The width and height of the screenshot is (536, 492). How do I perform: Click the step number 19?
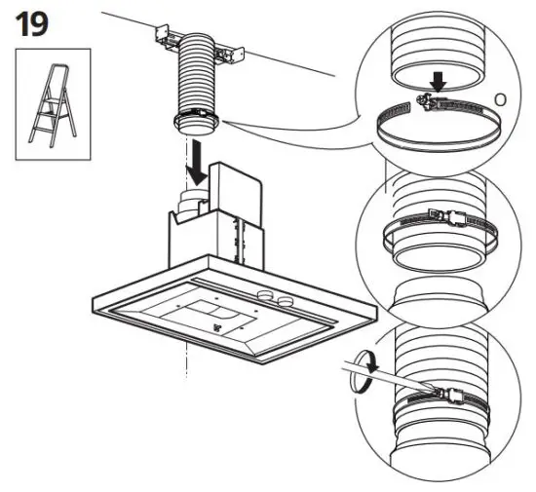(30, 23)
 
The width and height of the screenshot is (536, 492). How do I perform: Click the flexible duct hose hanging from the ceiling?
(196, 83)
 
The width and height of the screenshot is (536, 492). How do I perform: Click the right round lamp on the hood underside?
(286, 299)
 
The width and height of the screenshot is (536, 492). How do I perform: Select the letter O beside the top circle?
(501, 98)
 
